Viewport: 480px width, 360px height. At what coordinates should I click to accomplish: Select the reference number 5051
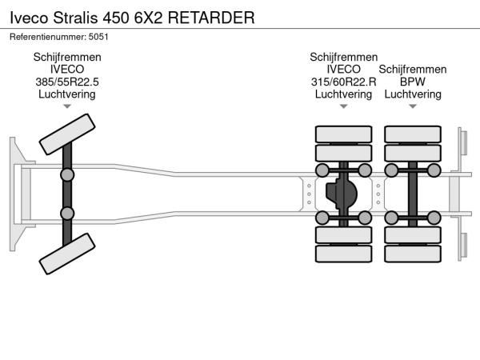(x=98, y=36)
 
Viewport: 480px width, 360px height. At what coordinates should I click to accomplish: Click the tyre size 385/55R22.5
(x=67, y=82)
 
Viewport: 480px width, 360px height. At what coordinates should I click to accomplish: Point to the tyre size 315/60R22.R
(x=344, y=82)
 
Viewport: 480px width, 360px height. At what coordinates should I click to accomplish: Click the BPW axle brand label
(x=413, y=82)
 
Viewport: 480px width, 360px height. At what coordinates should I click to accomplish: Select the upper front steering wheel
(x=68, y=133)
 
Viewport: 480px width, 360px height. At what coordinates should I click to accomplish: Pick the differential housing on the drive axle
(x=342, y=194)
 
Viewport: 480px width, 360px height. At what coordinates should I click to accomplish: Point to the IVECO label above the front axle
(x=67, y=70)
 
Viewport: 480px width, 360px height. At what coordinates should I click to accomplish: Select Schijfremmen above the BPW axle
(x=413, y=70)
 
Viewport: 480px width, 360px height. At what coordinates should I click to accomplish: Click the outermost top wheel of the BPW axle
(x=413, y=133)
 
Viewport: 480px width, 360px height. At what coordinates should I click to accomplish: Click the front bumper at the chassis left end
(x=16, y=194)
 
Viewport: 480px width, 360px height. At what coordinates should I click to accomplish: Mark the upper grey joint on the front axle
(x=67, y=174)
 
